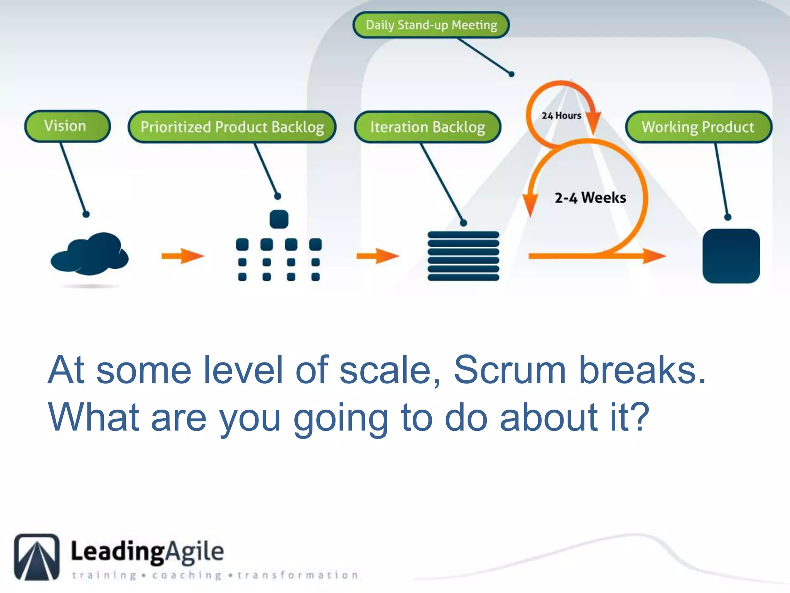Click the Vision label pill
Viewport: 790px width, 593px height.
point(68,126)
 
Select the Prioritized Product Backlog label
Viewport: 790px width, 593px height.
point(232,127)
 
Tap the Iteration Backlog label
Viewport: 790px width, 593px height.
point(427,127)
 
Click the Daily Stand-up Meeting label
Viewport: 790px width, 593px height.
point(431,25)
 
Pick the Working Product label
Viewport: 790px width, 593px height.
point(698,127)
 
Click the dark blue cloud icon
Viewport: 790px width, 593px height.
point(90,254)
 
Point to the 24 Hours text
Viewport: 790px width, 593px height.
point(561,115)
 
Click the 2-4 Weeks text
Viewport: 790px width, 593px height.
point(590,198)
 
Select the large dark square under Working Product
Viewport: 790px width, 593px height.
point(731,256)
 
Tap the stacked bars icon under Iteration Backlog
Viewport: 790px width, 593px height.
point(463,256)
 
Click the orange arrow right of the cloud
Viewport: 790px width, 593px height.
point(182,256)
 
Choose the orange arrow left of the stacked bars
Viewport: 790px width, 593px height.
point(378,256)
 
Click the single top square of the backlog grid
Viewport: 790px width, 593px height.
point(279,219)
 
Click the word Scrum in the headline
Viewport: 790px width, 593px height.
point(509,370)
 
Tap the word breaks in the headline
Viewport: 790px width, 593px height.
point(643,370)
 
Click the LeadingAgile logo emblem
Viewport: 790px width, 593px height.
point(37,557)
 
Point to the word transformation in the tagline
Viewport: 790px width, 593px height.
point(298,575)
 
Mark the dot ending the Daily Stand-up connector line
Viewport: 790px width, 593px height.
point(511,74)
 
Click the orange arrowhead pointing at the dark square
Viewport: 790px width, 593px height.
point(654,256)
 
